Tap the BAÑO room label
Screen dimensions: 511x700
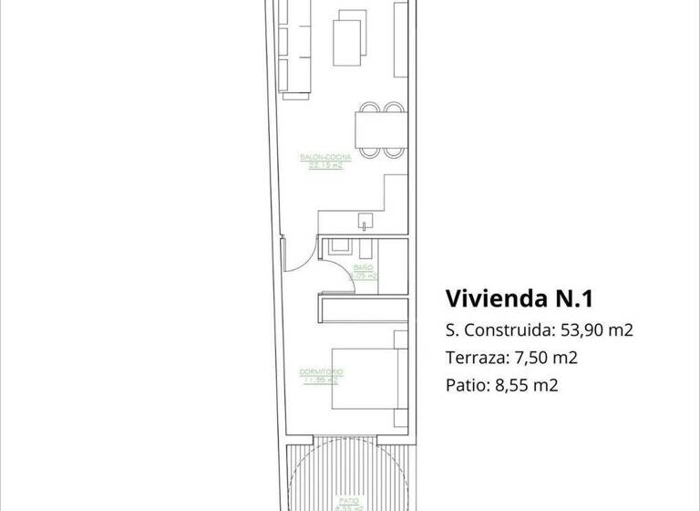pos(363,266)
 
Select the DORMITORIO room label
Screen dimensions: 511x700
pos(320,372)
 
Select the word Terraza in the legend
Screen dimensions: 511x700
pos(474,358)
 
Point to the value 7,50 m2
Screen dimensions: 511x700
pos(547,358)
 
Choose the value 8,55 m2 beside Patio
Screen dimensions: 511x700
pos(526,385)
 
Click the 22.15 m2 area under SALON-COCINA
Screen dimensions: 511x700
pos(325,166)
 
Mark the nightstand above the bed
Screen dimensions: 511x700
pos(399,339)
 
